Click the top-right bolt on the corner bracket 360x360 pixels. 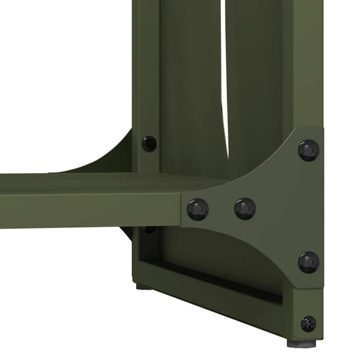309,150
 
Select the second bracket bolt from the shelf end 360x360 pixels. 245,208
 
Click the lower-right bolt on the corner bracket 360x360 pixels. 309,262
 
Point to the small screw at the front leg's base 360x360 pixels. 309,323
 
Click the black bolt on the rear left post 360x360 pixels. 149,142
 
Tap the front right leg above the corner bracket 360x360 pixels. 309,62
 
